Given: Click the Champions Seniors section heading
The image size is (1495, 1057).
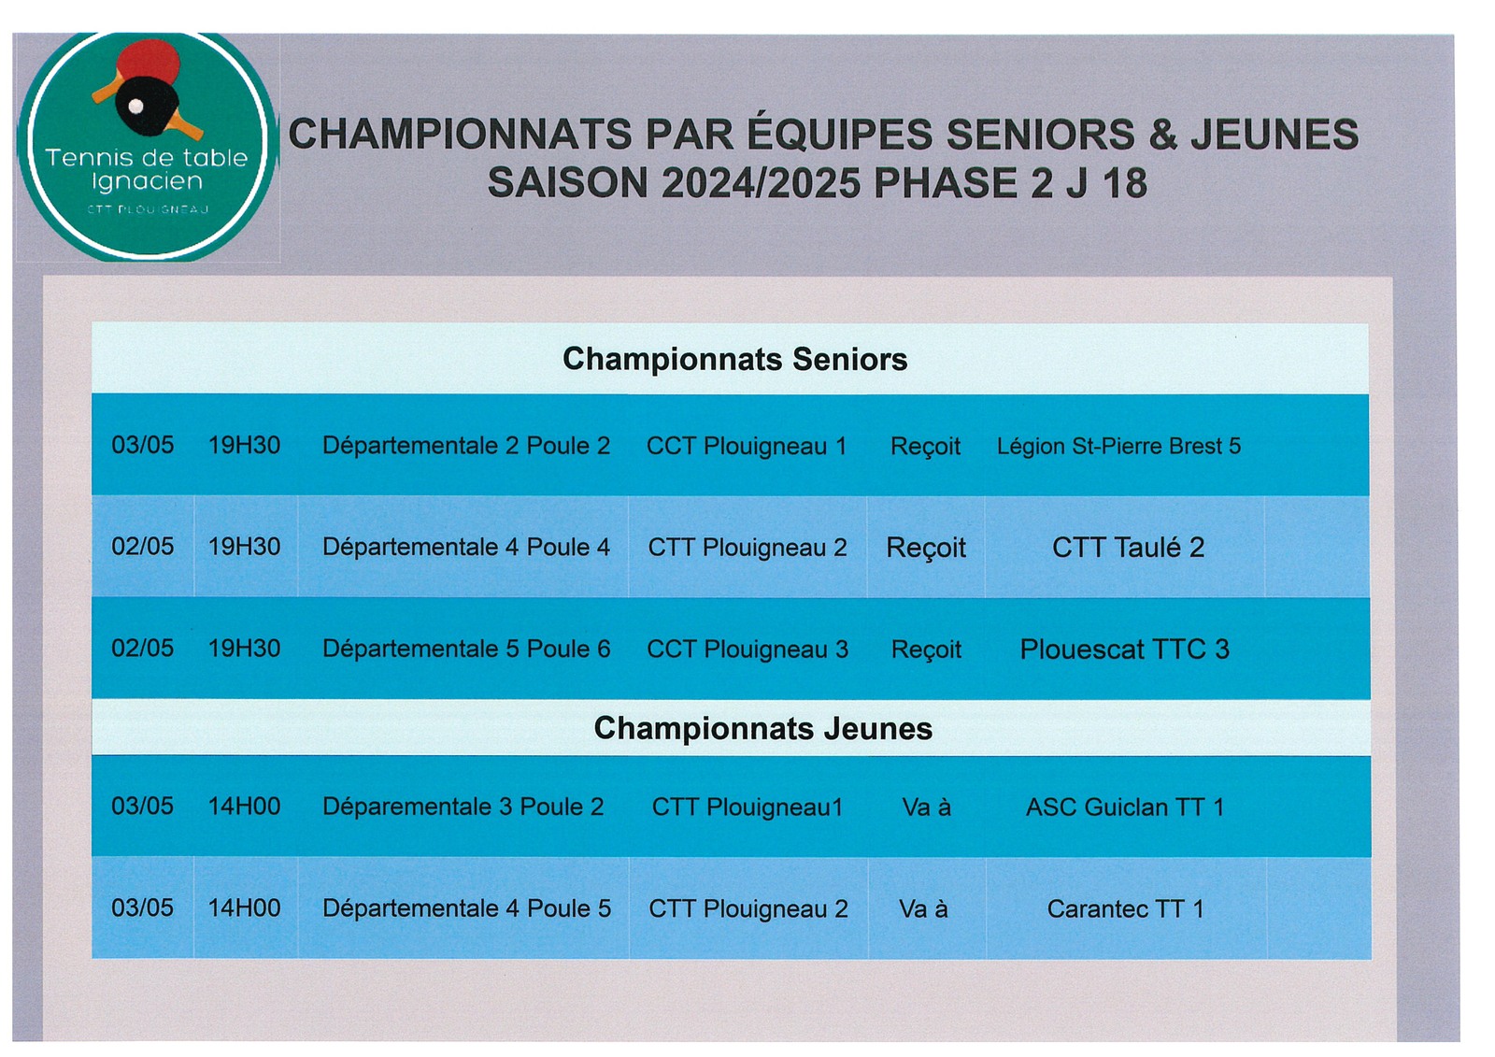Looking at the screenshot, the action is coord(734,359).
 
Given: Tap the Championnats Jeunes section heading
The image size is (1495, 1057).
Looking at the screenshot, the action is coord(762,728).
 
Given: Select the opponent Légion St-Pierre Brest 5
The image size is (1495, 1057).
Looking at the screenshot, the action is coord(1118,446).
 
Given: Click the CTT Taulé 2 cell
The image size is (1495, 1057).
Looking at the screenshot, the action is coord(1128,548).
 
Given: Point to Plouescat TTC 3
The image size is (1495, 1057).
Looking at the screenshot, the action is coord(1125,649).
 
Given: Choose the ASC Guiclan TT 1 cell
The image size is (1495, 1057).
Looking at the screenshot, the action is coord(1125,807).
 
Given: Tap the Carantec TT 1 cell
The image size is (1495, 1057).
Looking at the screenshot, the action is coord(1125,908).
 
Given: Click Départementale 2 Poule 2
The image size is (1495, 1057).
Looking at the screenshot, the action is coord(466,446).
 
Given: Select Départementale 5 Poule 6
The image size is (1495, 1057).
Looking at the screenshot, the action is coord(466,649).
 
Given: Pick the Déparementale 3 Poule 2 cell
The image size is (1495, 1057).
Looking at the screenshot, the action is coord(463,807).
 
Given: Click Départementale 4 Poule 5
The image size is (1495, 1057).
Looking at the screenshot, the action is coord(466,908).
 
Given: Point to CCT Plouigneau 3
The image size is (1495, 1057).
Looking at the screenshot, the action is coord(747,649).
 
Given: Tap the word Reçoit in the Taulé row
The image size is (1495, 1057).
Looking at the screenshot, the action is coord(926,549).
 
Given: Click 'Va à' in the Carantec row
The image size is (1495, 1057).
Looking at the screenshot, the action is coord(923,908).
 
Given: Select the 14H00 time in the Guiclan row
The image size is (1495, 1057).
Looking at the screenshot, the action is coord(244,807).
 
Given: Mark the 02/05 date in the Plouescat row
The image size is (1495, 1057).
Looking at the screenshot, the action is coord(142,649).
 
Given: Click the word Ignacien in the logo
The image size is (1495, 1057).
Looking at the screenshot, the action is coord(147,182).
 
